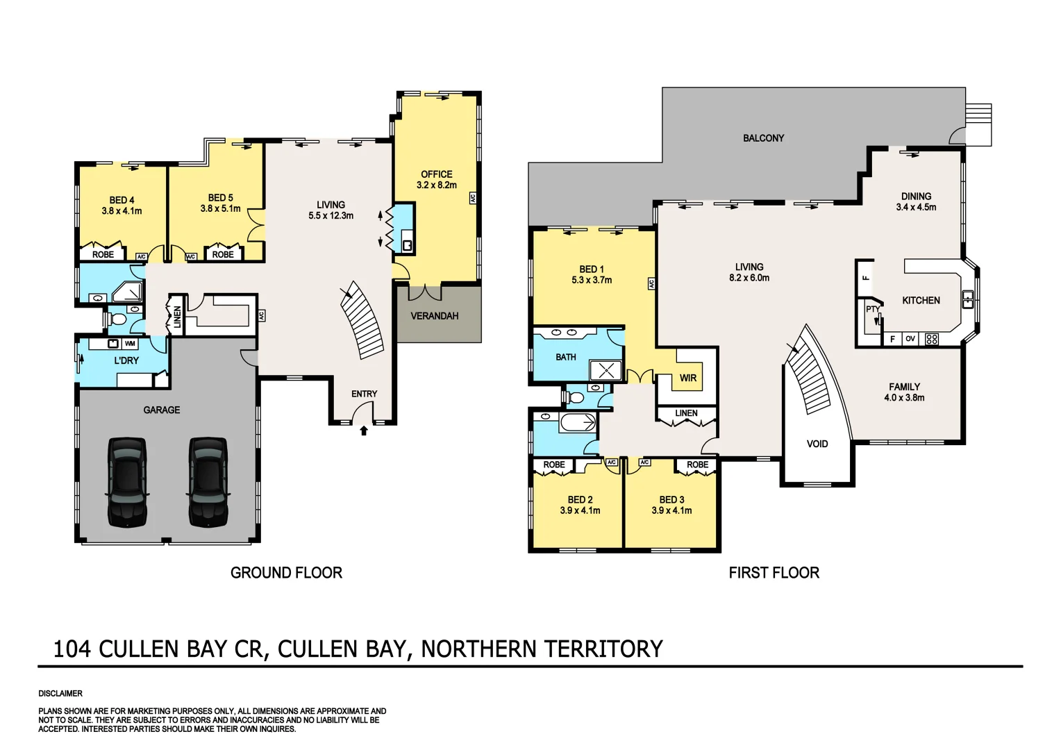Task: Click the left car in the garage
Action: [127, 481]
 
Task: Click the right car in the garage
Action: [208, 481]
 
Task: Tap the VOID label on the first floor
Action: [817, 444]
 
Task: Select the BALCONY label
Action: [763, 138]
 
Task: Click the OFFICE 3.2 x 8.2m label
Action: [436, 180]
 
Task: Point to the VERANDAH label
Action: [435, 316]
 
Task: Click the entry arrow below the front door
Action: [363, 431]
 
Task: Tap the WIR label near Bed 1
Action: [687, 378]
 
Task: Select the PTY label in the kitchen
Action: [872, 310]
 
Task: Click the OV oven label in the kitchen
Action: [910, 340]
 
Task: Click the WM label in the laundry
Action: [130, 344]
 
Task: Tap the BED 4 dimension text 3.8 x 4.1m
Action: [122, 211]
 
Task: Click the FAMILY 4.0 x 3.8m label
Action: [904, 392]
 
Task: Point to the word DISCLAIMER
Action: [60, 694]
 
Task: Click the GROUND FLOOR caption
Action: [286, 573]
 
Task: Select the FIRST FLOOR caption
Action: [774, 573]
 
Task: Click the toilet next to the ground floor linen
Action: [119, 320]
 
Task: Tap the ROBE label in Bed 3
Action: [697, 465]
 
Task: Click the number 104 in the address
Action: [72, 649]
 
